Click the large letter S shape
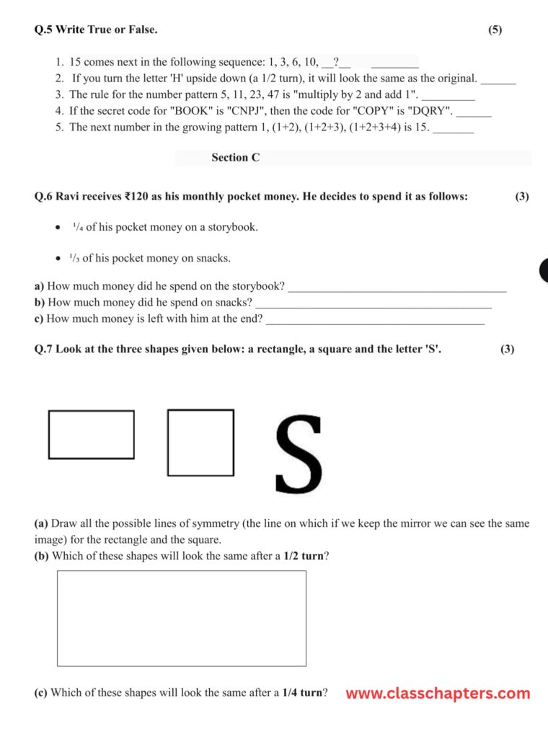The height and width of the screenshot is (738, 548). (x=299, y=455)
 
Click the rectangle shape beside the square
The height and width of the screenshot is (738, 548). (x=91, y=434)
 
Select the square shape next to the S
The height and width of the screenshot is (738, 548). (x=200, y=443)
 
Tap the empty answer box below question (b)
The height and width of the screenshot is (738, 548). (x=181, y=618)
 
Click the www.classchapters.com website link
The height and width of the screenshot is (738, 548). (x=438, y=693)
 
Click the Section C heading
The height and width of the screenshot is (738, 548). (x=235, y=158)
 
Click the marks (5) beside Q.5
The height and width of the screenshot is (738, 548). (x=495, y=30)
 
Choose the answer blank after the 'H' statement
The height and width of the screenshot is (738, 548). (x=498, y=79)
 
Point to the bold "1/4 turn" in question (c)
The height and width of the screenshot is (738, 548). (x=301, y=693)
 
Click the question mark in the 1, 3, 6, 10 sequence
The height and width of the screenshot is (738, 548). (x=336, y=63)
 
